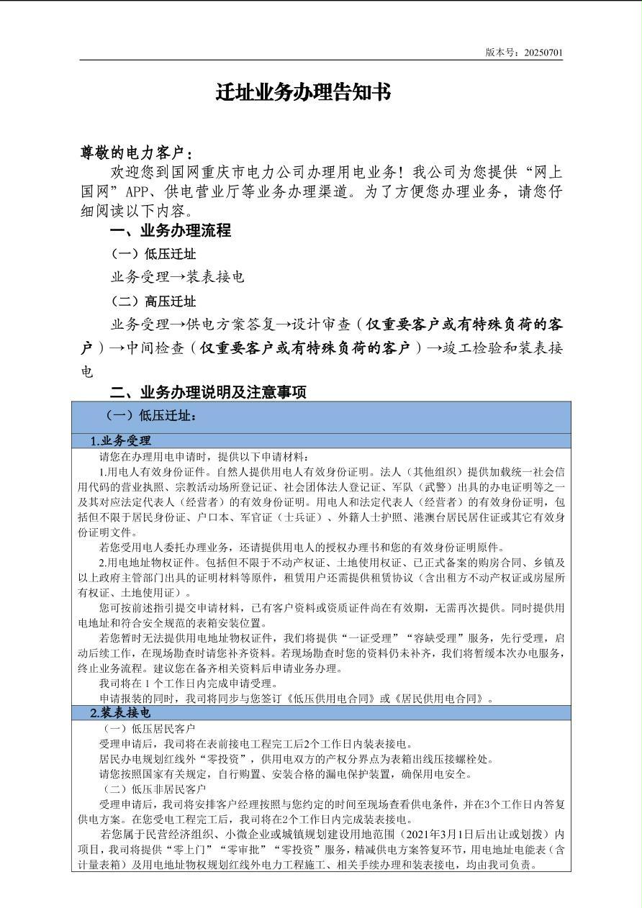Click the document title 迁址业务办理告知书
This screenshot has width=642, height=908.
[x=303, y=93]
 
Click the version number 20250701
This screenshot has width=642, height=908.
[x=543, y=53]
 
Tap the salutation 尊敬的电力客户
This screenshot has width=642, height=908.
[x=136, y=153]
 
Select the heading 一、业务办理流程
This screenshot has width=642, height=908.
[x=170, y=231]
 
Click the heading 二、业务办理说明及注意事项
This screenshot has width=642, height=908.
[x=207, y=392]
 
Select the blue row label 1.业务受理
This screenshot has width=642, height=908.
[x=120, y=441]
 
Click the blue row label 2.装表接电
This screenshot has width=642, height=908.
[x=120, y=713]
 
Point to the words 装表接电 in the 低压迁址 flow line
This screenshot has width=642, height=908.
[x=215, y=277]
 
